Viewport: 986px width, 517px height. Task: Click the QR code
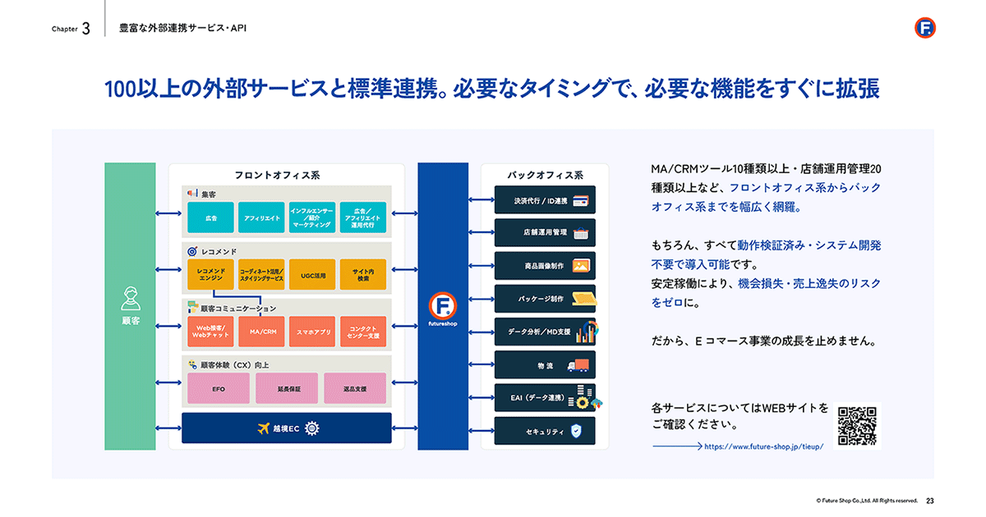[x=857, y=426]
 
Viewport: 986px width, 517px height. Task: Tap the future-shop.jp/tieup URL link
[x=763, y=446]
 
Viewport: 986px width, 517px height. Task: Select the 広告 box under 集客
[x=210, y=217]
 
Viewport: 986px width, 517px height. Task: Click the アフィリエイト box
[x=261, y=217]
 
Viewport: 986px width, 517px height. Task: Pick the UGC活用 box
[x=312, y=275]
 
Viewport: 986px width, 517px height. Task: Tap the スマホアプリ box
[x=312, y=332]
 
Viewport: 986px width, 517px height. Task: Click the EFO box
[x=219, y=388]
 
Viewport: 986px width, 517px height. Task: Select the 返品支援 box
[x=355, y=388]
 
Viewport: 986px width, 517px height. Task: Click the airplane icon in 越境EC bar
[x=263, y=428]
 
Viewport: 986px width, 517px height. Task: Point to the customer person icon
[x=131, y=299]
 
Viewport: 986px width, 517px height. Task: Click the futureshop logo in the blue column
[x=443, y=306]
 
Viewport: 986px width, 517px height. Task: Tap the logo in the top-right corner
[x=925, y=28]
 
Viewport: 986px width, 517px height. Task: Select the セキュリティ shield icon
[x=576, y=431]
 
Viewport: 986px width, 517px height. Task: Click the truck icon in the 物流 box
[x=578, y=365]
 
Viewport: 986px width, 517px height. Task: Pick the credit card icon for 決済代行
[x=581, y=201]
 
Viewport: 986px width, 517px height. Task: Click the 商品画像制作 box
[x=545, y=266]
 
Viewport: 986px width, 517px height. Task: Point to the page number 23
[x=929, y=501]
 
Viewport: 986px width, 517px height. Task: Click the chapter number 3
[x=85, y=29]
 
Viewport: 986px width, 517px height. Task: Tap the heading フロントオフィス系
[x=278, y=175]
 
